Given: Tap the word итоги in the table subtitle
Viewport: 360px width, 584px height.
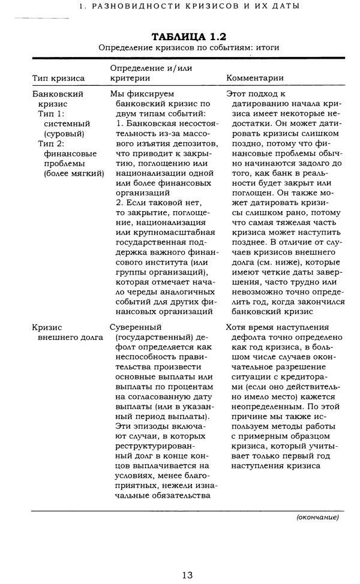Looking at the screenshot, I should click(x=266, y=47).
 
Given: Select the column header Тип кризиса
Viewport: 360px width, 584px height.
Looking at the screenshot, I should click(x=58, y=78).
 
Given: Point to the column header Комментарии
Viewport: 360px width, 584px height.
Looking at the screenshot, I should click(x=255, y=78).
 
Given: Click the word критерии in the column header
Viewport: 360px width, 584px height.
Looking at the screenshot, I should click(x=129, y=78).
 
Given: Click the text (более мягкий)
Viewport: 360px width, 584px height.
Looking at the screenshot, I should click(x=74, y=173).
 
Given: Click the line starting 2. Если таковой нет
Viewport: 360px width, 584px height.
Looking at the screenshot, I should click(x=155, y=203).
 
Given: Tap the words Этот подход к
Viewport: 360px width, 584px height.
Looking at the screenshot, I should click(x=258, y=94).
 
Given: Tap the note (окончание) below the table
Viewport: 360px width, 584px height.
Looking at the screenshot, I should click(x=317, y=516).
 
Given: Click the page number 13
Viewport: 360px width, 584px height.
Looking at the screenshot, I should click(x=187, y=574).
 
